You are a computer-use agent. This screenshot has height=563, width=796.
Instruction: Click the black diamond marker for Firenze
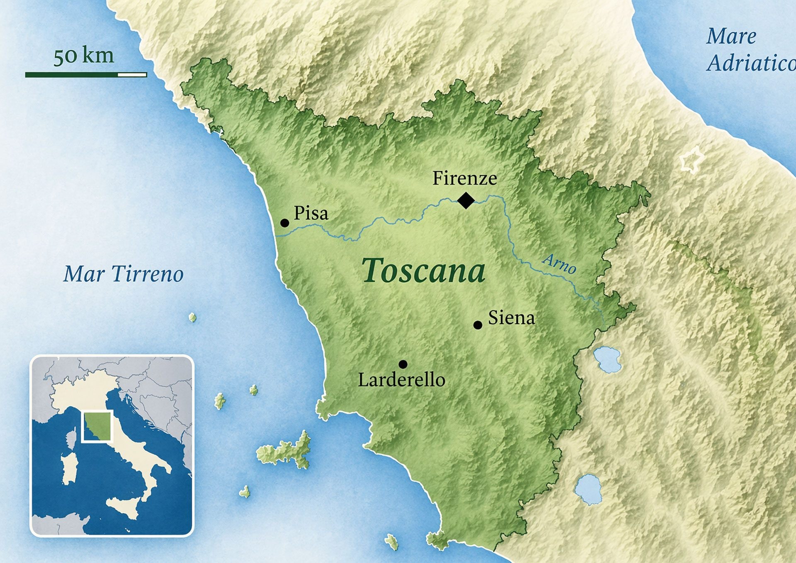point(466,200)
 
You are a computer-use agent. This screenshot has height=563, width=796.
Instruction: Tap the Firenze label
point(464,178)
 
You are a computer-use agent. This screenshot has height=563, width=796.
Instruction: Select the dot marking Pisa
point(284,223)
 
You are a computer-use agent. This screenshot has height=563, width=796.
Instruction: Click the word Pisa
point(311,213)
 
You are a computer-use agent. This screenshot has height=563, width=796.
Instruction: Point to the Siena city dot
point(478,325)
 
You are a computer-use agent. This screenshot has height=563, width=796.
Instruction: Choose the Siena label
point(511,318)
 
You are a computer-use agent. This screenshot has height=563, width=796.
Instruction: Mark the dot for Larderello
point(403,364)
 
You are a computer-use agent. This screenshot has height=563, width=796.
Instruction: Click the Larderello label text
point(401,380)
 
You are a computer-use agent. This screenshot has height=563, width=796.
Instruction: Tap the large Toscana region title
point(423,271)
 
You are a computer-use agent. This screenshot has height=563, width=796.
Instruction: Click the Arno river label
point(559,264)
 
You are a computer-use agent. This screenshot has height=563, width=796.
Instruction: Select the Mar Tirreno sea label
point(123,274)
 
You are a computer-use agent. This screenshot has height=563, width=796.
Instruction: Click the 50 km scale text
point(83,55)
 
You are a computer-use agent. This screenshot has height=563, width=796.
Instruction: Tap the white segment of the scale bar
point(132,75)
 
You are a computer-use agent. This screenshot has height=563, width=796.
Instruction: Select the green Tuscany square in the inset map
point(97,427)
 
